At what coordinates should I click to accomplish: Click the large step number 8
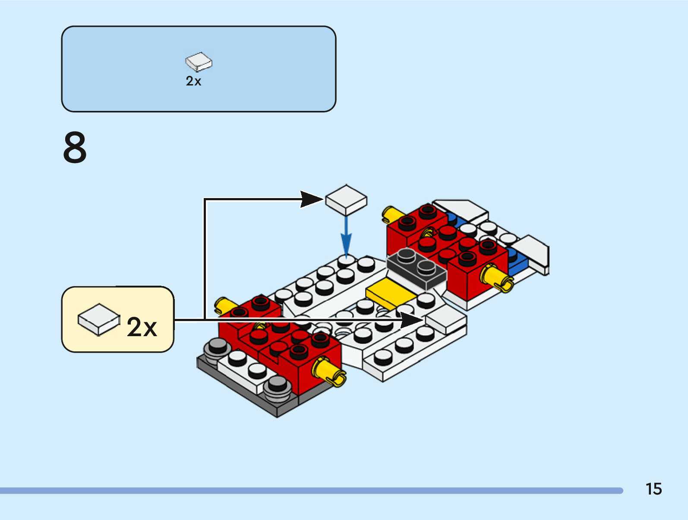pyautogui.click(x=75, y=147)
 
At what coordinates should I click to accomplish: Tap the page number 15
pyautogui.click(x=653, y=488)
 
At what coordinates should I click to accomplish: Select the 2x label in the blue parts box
pyautogui.click(x=193, y=81)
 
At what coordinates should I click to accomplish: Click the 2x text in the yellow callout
pyautogui.click(x=142, y=327)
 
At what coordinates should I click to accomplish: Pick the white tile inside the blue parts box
pyautogui.click(x=199, y=62)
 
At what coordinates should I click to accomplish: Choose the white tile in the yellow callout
pyautogui.click(x=99, y=319)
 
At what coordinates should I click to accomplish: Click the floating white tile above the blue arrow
pyautogui.click(x=346, y=200)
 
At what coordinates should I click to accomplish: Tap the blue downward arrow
pyautogui.click(x=346, y=237)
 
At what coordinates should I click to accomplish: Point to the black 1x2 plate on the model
pyautogui.click(x=417, y=268)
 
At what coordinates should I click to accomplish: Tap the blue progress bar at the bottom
pyautogui.click(x=312, y=491)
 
